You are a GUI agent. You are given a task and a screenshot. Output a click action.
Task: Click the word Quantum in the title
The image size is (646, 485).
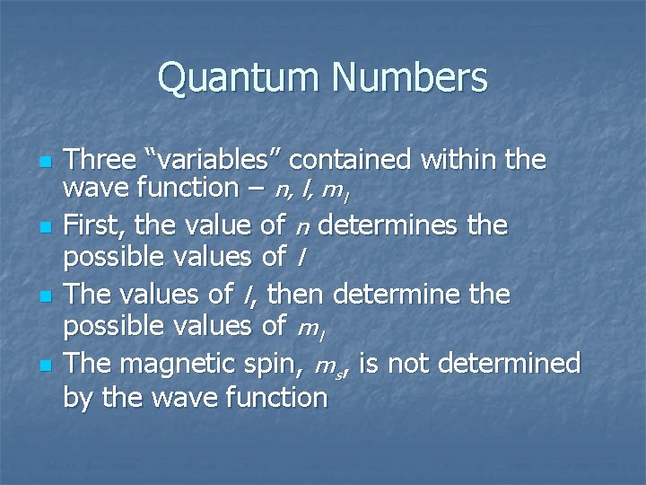[240, 78]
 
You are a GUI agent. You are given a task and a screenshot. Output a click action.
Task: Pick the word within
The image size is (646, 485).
[462, 161]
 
